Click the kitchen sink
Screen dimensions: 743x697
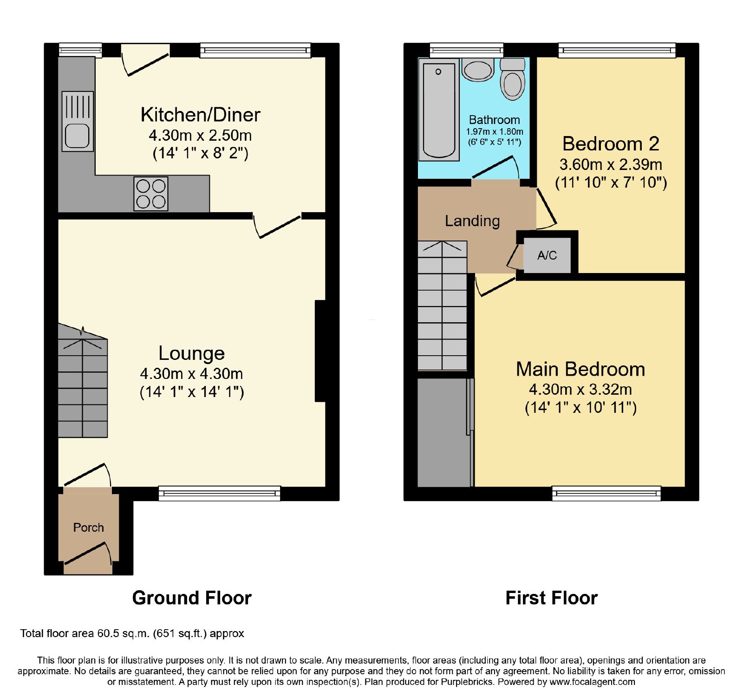(x=78, y=121)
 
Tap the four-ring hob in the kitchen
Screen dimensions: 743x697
(x=151, y=194)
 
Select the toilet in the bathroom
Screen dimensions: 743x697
(x=513, y=78)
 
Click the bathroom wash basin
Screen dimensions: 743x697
(x=478, y=70)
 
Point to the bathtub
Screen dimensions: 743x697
(x=439, y=110)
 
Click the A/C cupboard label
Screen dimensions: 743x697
(x=547, y=255)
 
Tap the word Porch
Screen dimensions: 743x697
(x=88, y=528)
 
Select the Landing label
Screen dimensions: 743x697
(x=472, y=221)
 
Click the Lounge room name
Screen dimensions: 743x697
(x=191, y=353)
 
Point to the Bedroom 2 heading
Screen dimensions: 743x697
(x=611, y=143)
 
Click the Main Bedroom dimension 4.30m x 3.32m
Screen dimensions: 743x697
(x=580, y=389)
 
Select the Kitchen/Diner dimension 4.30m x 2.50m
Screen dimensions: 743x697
(x=200, y=135)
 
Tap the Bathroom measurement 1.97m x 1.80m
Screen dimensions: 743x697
(x=495, y=131)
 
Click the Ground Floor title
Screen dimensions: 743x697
(x=192, y=598)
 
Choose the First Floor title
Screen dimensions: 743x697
(x=551, y=598)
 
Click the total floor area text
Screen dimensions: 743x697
(x=132, y=633)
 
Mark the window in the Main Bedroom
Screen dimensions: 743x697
(x=606, y=494)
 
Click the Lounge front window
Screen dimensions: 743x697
(x=220, y=493)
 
